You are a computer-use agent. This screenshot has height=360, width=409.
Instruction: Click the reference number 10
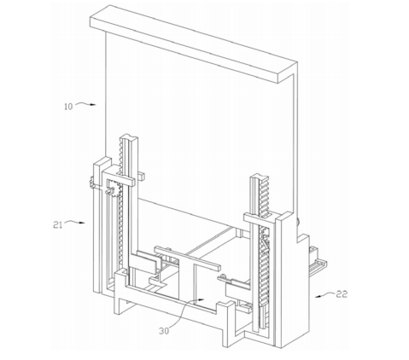coord(68,107)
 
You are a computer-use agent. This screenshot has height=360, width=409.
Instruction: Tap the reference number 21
coord(58,225)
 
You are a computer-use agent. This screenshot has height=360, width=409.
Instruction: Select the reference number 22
coord(342,294)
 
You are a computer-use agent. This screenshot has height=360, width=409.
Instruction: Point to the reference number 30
coord(164,331)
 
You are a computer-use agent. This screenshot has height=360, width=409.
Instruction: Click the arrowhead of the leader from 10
coord(93,105)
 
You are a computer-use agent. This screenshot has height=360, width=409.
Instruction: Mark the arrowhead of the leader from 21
coord(82,223)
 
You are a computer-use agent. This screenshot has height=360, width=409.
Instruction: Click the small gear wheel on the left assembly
coord(113,190)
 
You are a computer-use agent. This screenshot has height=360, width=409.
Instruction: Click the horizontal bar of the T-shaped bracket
coord(187,258)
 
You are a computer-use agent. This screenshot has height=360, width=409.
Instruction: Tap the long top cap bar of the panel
coord(194,44)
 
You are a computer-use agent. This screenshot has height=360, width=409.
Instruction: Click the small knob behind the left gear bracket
coord(91,182)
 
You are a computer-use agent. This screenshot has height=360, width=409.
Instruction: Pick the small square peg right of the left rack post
coord(141,176)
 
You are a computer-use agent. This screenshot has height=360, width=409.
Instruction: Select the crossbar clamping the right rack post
coord(260,219)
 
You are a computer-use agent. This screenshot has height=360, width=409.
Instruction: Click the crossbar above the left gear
coord(119,177)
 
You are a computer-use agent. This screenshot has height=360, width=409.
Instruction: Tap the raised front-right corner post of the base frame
coord(229,323)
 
